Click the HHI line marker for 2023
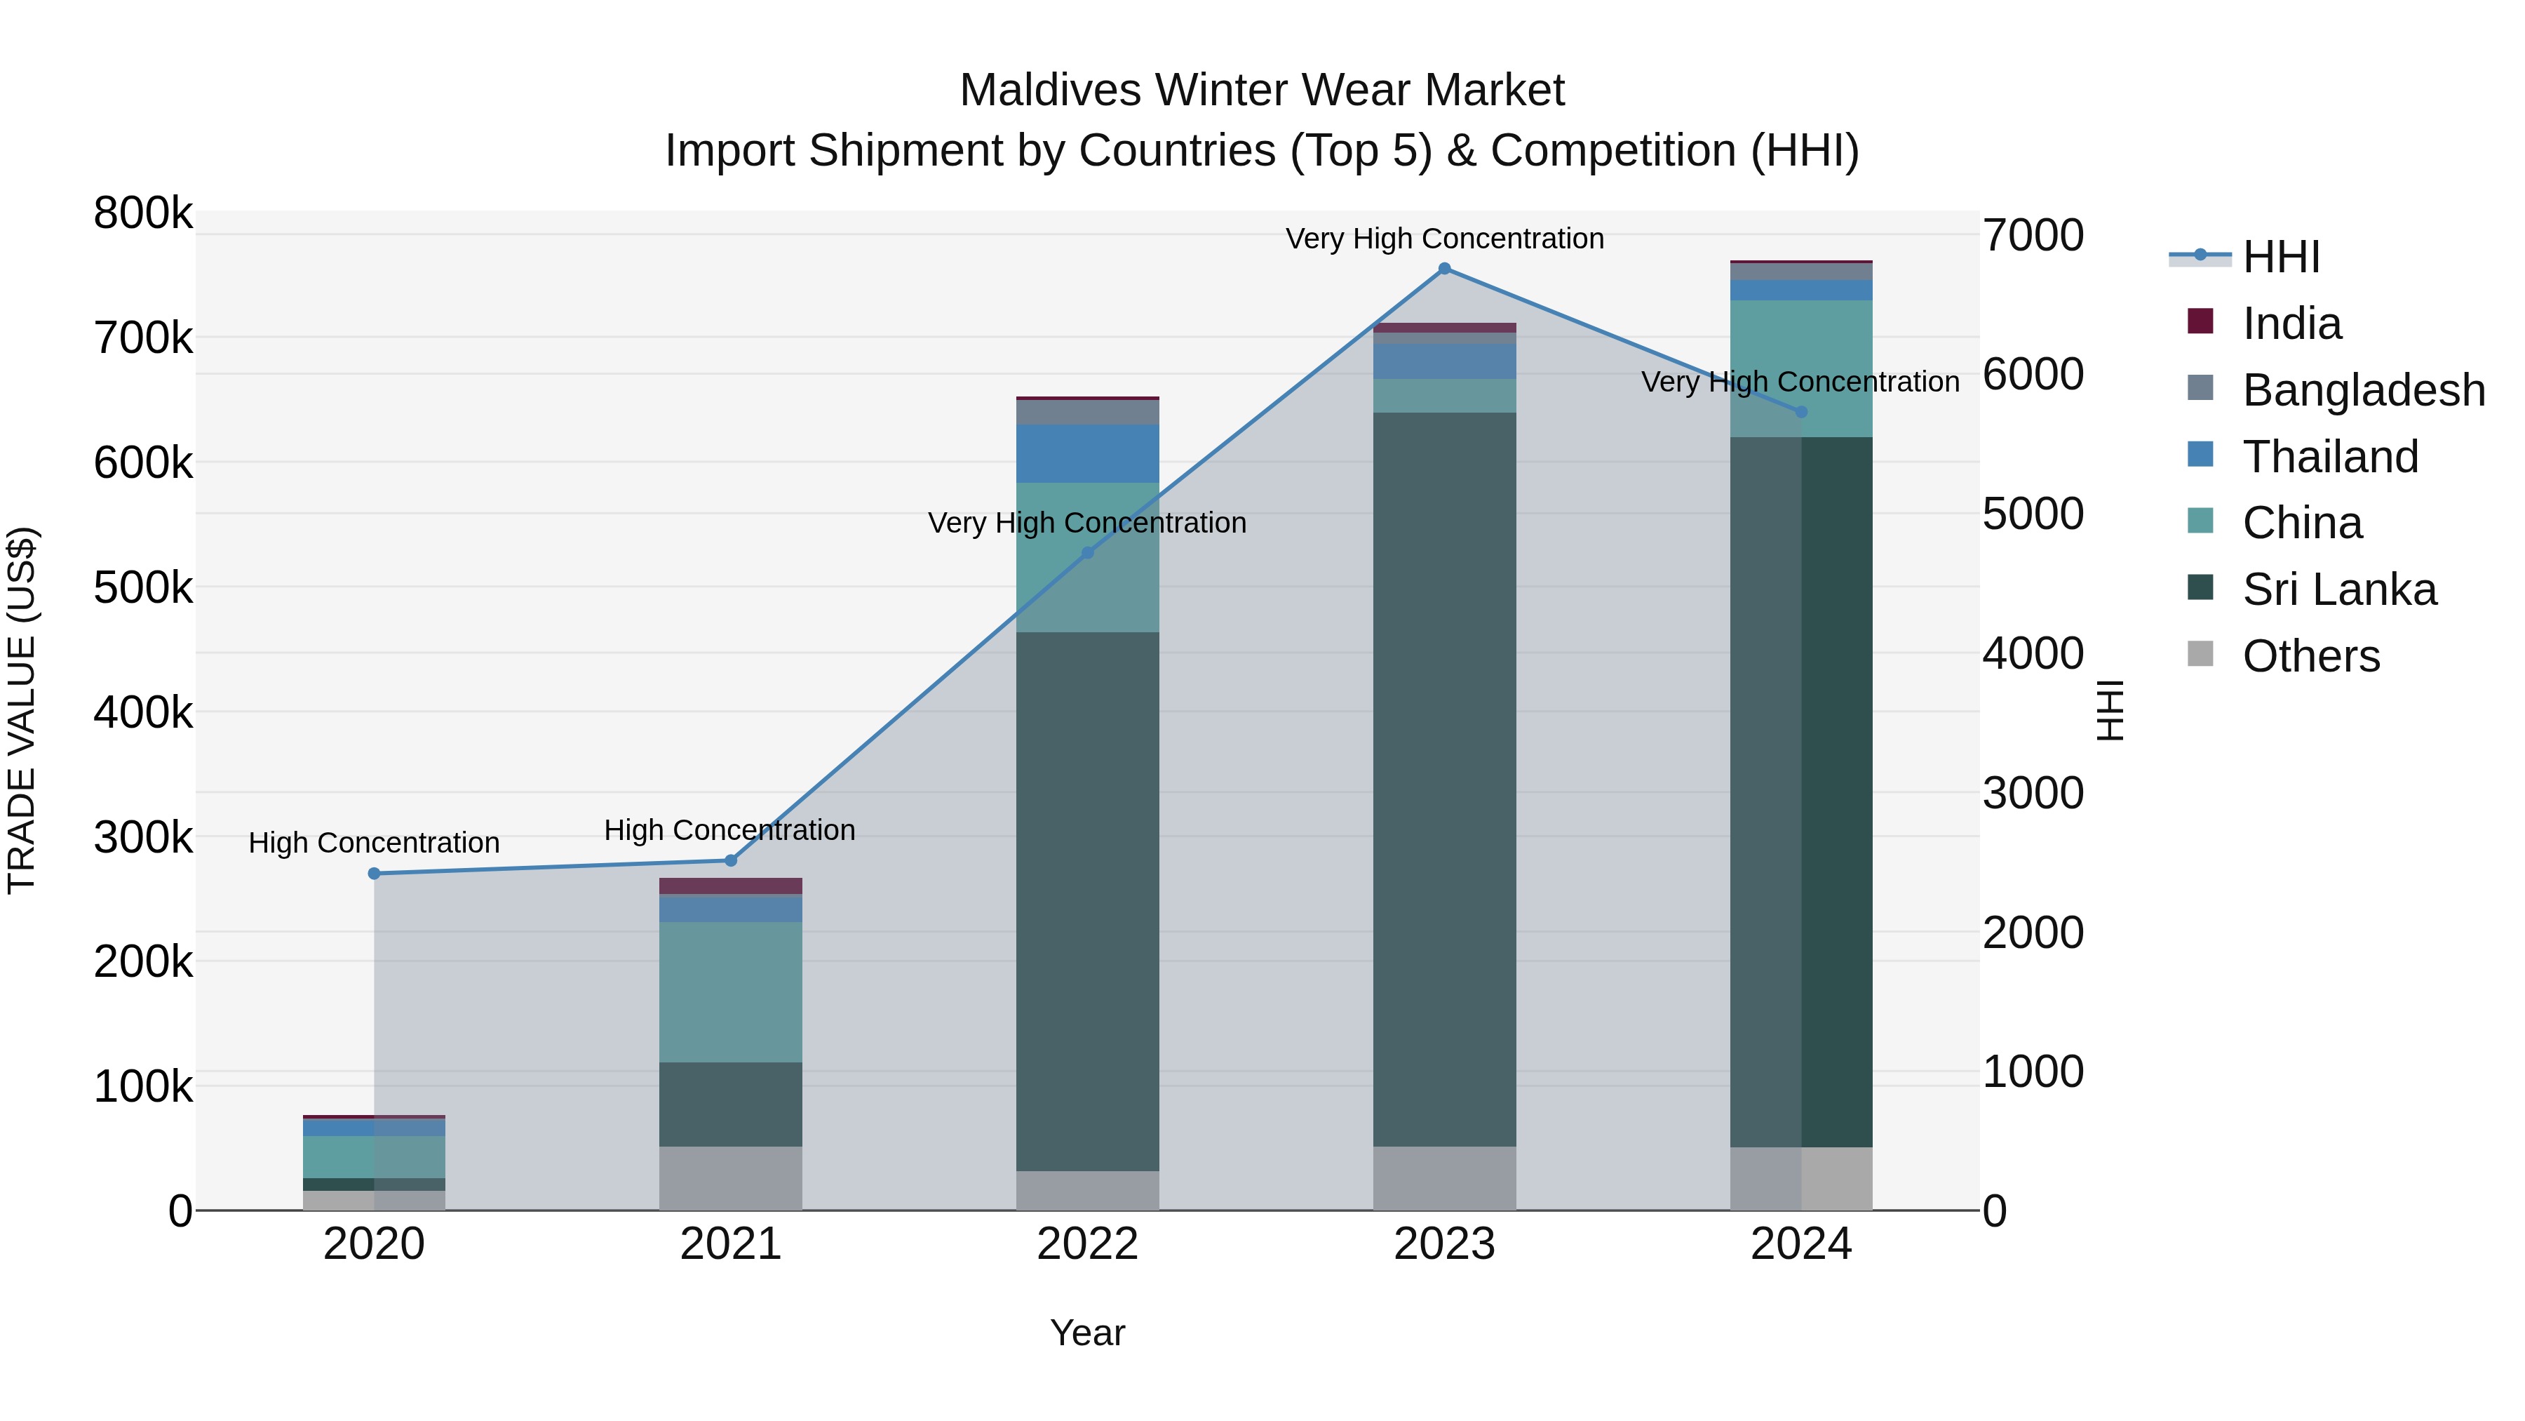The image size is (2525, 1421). click(x=1444, y=269)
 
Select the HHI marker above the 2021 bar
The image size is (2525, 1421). click(x=730, y=861)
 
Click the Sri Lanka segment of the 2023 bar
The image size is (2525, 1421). click(x=1444, y=780)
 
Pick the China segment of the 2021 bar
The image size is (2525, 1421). click(x=730, y=992)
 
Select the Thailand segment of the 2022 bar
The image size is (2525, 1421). click(x=1087, y=453)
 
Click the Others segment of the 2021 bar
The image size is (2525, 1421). click(x=730, y=1178)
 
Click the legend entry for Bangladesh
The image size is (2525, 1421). click(x=2363, y=390)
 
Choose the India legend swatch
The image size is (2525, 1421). click(x=2200, y=321)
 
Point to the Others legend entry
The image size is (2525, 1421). click(x=2310, y=656)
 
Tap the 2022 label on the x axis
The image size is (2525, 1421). click(x=1087, y=1244)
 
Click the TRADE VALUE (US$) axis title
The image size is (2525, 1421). click(x=22, y=710)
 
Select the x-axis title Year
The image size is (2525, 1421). click(x=1087, y=1333)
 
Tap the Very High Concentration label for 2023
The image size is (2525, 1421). click(x=1444, y=239)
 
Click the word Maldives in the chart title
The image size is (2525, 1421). click(x=1050, y=91)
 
